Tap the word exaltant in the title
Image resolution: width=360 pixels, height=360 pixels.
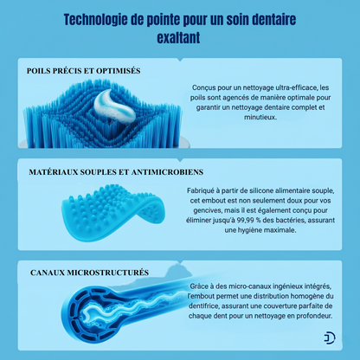pyautogui.click(x=179, y=38)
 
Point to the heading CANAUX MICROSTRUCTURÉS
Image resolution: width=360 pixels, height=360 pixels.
pyautogui.click(x=87, y=273)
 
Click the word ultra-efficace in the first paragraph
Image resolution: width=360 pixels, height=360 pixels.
pyautogui.click(x=275, y=88)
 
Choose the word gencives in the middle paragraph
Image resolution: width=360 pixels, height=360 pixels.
pyautogui.click(x=203, y=212)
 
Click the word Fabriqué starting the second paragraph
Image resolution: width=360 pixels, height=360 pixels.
pyautogui.click(x=203, y=192)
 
